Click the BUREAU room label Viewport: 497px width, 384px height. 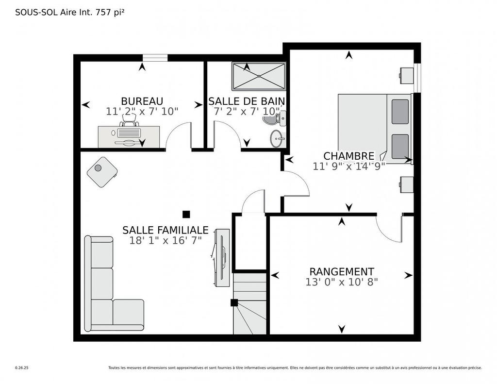[x=142, y=101]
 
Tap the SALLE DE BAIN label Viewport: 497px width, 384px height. [x=247, y=101]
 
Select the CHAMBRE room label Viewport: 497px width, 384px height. [x=348, y=156]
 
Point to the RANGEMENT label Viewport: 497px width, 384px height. [x=342, y=271]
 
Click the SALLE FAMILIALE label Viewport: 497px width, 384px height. [x=165, y=230]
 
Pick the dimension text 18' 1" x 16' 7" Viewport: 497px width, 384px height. [x=165, y=240]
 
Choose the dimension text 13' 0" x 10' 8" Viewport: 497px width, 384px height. [x=342, y=282]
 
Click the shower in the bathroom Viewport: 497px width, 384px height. [x=258, y=76]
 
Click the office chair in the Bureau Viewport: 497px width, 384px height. [x=130, y=120]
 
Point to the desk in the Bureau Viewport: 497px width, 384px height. [x=129, y=136]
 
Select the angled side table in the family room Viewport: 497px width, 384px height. [x=102, y=172]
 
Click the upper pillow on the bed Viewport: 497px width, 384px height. [x=400, y=111]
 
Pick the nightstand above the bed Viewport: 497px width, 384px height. [x=406, y=75]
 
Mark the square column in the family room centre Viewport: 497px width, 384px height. [x=186, y=214]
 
